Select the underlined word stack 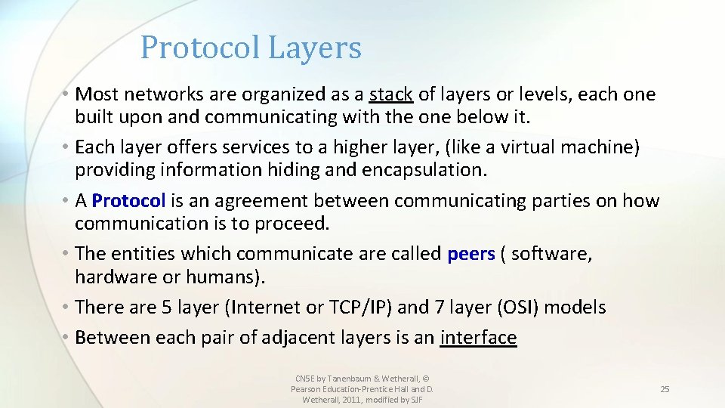pos(390,94)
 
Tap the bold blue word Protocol pos(128,201)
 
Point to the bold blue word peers pos(471,254)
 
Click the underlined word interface pos(478,338)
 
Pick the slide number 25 pos(665,389)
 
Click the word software pos(552,254)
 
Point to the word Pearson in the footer pos(306,389)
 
